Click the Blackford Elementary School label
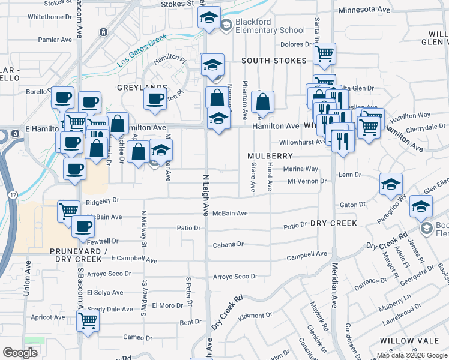coord(270,26)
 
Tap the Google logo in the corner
coord(20,352)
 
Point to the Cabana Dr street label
coord(228,244)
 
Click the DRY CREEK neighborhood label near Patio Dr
coord(334,223)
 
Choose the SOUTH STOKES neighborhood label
coord(274,61)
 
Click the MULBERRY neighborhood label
coord(270,155)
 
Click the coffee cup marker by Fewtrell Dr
coord(83,227)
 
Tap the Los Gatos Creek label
coord(142,50)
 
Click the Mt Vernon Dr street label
coord(306,181)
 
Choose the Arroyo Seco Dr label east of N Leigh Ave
coord(235,277)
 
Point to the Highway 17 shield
coord(13,194)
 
